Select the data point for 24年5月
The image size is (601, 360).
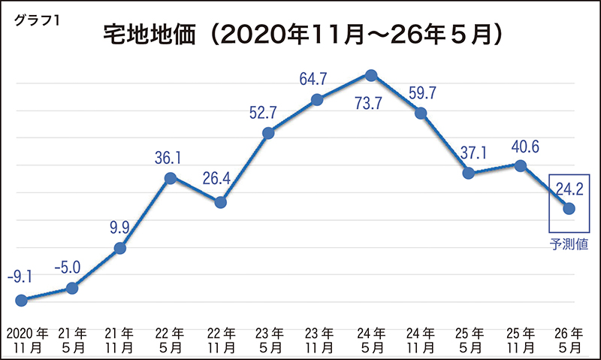pos(370,74)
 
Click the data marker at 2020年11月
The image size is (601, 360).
pos(22,300)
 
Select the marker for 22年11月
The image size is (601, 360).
pos(220,202)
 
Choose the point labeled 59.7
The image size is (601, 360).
pos(421,113)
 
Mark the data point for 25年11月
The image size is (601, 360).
pos(520,165)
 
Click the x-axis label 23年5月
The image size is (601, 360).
pos(270,340)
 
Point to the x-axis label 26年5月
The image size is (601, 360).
pos(569,340)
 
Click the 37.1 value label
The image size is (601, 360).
pos(470,153)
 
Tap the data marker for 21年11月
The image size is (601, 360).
pos(120,248)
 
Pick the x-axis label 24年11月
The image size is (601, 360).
pos(421,340)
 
